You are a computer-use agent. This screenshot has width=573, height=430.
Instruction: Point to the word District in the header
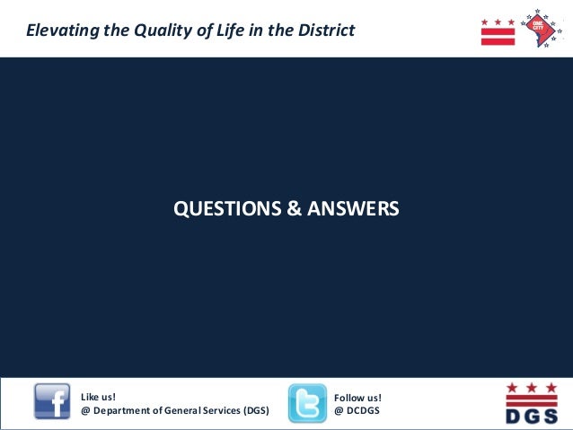(325, 31)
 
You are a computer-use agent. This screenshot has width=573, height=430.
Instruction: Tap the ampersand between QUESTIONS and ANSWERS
(295, 209)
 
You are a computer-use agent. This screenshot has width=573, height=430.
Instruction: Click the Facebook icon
(52, 402)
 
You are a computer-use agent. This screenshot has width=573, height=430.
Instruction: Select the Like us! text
(99, 396)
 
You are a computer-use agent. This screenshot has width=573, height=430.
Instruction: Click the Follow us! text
(357, 396)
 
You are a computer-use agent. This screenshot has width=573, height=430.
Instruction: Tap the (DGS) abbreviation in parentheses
(256, 410)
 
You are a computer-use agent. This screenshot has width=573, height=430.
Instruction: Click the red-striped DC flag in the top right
(498, 31)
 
